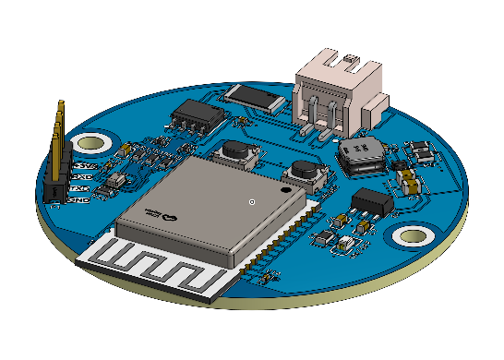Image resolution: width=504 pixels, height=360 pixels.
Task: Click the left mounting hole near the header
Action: tap(91, 143)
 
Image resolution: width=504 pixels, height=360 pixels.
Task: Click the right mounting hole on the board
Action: tap(411, 236)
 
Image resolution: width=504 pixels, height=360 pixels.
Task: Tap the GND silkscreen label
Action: tap(79, 199)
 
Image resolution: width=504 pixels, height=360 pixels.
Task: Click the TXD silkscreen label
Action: tap(80, 188)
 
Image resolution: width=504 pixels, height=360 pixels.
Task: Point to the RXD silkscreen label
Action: tap(81, 175)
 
